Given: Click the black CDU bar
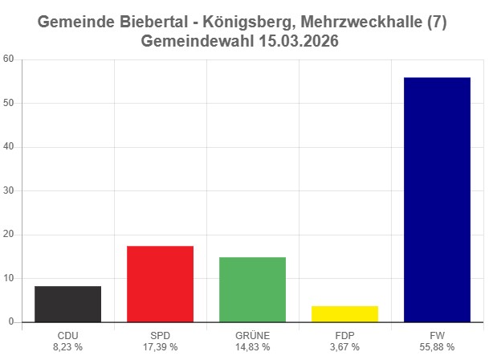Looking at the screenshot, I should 67,304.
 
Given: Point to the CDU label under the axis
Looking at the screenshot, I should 67,335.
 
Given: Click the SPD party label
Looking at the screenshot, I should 160,335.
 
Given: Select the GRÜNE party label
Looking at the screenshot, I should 252,335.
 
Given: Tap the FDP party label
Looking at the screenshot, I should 344,335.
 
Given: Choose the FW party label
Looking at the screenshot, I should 437,335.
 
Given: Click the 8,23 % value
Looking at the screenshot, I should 67,346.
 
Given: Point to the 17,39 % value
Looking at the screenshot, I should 160,346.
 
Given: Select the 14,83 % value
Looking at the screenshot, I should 252,346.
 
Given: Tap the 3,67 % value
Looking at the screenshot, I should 344,346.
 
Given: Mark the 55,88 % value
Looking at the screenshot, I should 437,346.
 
